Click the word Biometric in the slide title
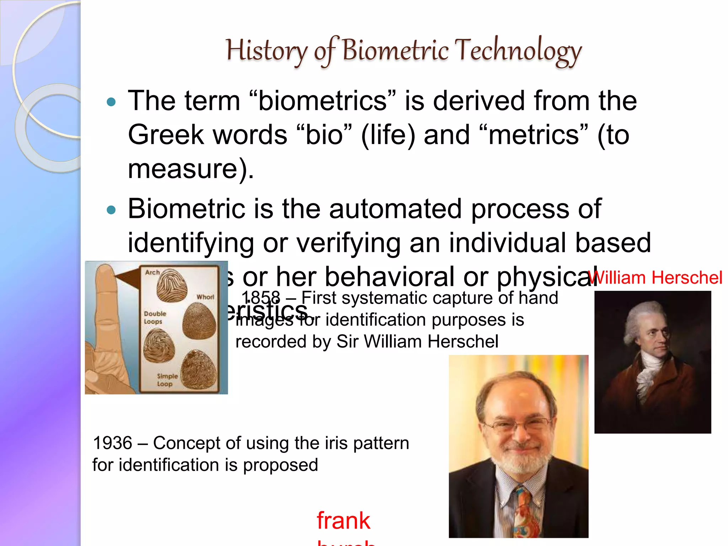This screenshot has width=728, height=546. pos(395,50)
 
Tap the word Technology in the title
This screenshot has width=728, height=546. pos(518,50)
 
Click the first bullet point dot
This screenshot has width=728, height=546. pos(111,102)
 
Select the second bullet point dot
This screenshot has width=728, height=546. pos(111,210)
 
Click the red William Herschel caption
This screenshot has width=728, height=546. pos(655,278)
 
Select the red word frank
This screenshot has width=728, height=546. pos(343,521)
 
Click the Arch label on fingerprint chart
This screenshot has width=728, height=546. pos(152,272)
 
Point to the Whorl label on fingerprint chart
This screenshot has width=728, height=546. pos(205,297)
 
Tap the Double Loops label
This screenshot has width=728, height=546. pos(155,317)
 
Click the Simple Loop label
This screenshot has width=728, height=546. pos(167,380)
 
